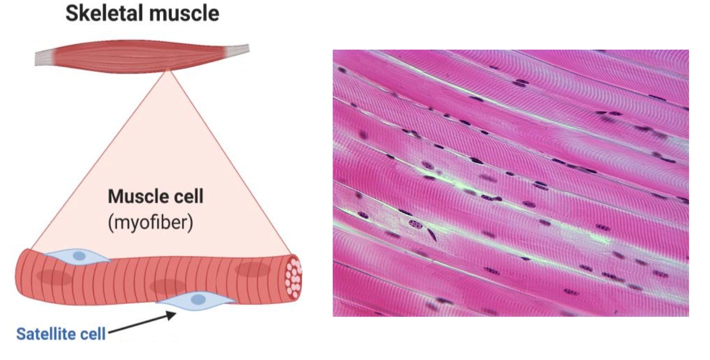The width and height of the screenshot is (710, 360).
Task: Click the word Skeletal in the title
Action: (x=104, y=13)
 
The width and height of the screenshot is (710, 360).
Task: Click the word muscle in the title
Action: (x=184, y=13)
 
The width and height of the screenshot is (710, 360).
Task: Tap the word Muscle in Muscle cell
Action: (x=137, y=196)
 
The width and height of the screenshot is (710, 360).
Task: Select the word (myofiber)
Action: (x=151, y=222)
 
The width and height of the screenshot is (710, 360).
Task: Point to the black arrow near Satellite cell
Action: (x=142, y=322)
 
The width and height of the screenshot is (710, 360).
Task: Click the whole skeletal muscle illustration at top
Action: (x=142, y=56)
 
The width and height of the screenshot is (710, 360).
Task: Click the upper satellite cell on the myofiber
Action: (x=78, y=256)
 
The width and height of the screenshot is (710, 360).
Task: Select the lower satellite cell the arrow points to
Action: (x=196, y=300)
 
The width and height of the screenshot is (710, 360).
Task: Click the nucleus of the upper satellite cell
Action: (x=79, y=256)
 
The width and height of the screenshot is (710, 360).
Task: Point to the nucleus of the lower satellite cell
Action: (x=198, y=299)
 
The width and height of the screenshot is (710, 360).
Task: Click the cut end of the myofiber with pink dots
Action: (x=293, y=277)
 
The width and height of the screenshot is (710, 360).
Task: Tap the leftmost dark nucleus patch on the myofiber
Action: (x=54, y=277)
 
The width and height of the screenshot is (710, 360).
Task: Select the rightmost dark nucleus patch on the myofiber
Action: (x=253, y=270)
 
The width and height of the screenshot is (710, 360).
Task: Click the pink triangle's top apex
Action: (x=168, y=70)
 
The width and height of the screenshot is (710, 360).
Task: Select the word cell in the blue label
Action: (x=92, y=334)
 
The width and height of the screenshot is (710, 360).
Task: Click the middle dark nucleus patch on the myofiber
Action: (x=168, y=286)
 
